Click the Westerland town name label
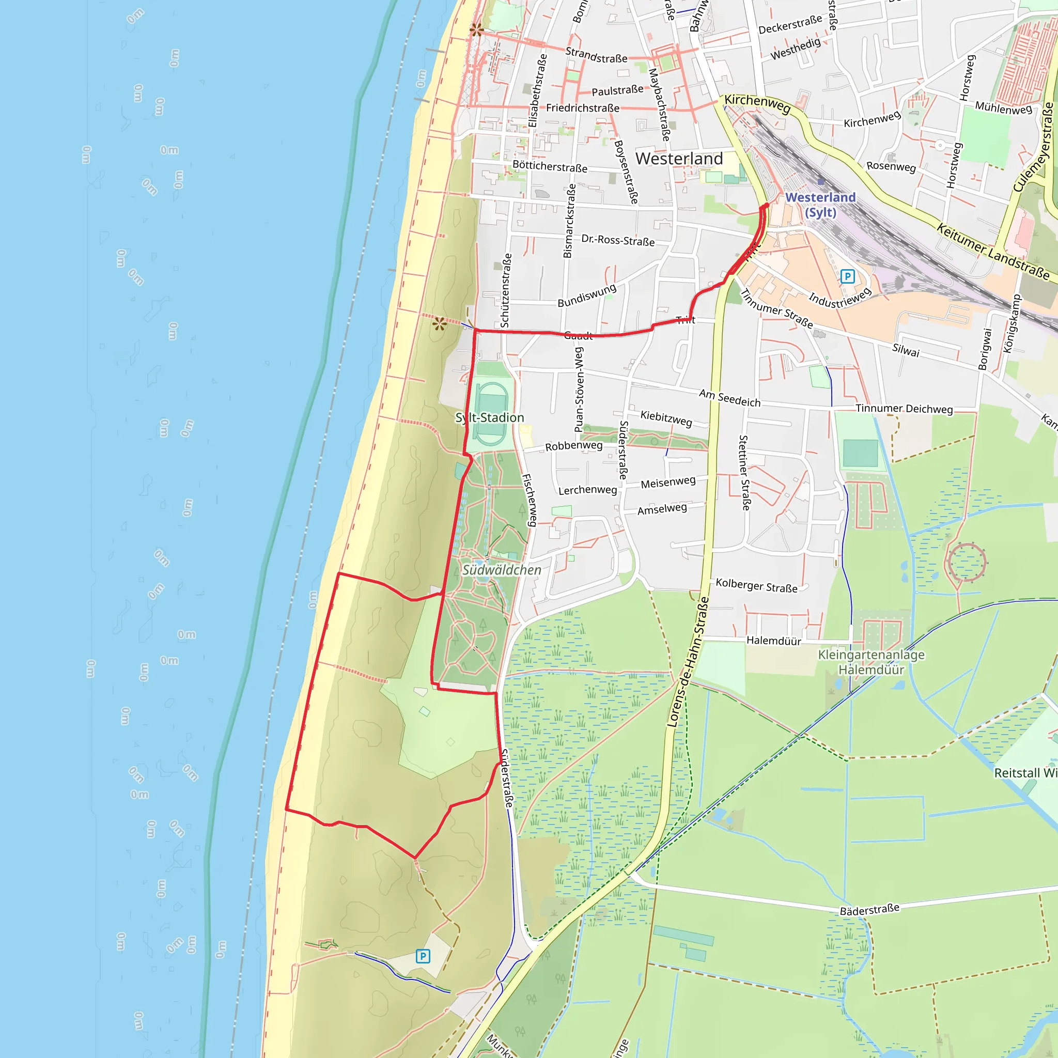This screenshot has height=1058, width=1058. tap(679, 159)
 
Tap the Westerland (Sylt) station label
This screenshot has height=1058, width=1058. tap(820, 204)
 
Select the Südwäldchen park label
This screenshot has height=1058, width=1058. tap(502, 570)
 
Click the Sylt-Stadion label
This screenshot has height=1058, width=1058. tap(490, 418)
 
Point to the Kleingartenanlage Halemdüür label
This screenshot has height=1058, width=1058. tap(872, 662)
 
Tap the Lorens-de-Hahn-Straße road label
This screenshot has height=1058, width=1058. tap(688, 663)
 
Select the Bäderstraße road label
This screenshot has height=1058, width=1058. tap(869, 909)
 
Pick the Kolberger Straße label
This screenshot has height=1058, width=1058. tap(756, 585)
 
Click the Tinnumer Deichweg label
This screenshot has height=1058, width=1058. tap(904, 409)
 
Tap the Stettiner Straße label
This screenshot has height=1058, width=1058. tap(744, 473)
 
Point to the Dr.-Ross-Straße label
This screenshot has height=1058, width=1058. tap(618, 240)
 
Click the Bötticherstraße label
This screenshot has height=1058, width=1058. tap(550, 166)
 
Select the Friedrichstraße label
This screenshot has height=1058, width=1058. tap(583, 108)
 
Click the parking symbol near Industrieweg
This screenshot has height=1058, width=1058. tap(847, 276)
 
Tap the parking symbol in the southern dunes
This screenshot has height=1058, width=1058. tap(423, 957)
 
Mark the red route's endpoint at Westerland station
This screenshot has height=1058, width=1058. tap(766, 206)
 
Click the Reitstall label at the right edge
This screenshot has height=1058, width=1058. tap(1025, 773)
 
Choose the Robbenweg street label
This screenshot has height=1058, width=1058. tap(573, 446)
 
